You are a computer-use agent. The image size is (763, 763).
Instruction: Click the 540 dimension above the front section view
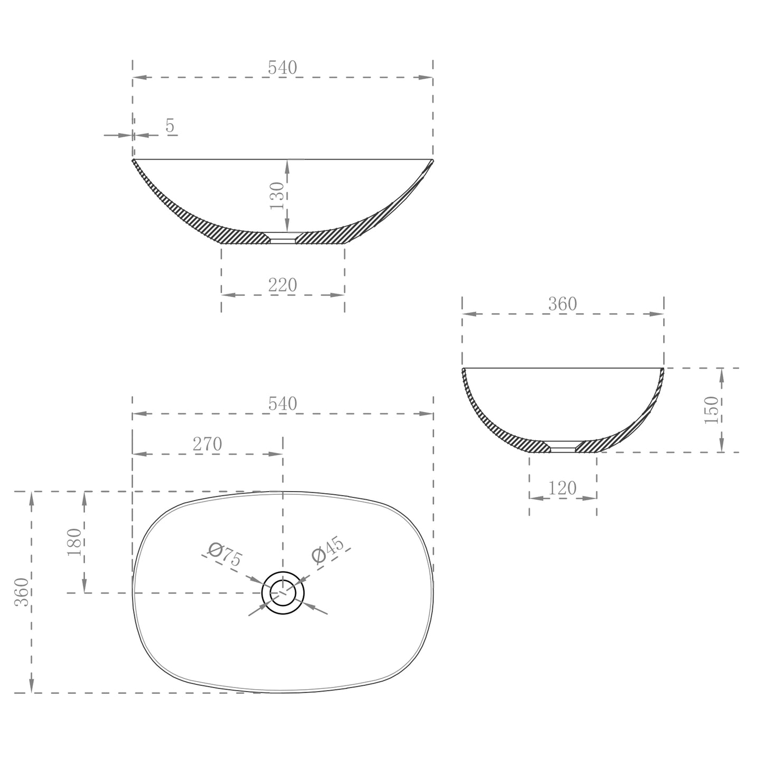(282, 68)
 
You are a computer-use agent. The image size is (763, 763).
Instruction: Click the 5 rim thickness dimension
(169, 126)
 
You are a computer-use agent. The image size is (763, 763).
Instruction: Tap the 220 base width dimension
(282, 285)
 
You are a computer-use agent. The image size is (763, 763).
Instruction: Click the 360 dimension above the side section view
(562, 304)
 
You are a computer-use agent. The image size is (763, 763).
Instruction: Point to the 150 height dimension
(712, 410)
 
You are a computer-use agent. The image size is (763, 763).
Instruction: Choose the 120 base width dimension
(562, 488)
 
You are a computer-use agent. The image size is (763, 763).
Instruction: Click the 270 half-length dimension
(207, 445)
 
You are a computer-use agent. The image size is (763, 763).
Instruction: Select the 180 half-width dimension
(74, 542)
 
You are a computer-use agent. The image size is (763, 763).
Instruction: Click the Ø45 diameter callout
(328, 551)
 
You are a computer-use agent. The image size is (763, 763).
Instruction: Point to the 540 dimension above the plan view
(282, 403)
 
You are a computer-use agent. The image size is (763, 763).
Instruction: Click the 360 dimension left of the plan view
(22, 592)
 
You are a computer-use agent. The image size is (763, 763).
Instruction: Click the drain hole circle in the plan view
(284, 593)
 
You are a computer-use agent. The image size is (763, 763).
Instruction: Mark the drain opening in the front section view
(282, 238)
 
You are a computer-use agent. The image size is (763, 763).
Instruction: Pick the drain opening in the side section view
(563, 446)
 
